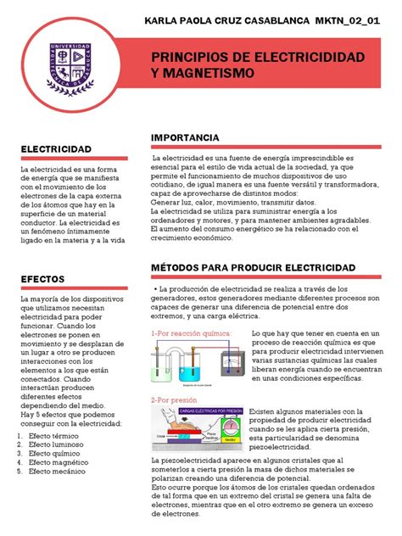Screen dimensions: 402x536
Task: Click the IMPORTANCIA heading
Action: (x=190, y=137)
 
